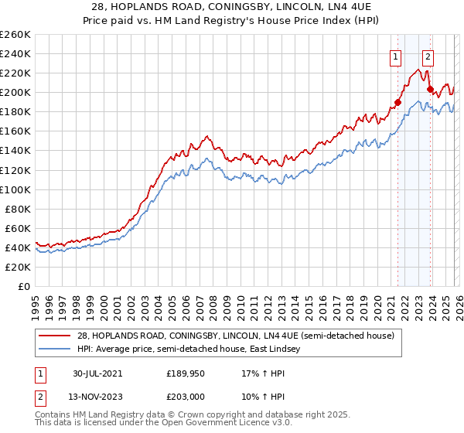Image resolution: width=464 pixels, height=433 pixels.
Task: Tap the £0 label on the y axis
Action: [23, 286]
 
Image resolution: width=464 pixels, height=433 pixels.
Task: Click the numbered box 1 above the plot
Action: [395, 56]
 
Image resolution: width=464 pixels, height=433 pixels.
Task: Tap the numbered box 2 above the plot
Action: [428, 56]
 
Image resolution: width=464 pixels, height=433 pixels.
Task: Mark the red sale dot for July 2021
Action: [398, 102]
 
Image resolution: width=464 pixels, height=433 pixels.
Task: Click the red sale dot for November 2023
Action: [430, 90]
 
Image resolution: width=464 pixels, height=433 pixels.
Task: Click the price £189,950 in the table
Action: [185, 373]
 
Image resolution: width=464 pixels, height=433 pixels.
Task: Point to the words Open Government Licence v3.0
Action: [224, 424]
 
